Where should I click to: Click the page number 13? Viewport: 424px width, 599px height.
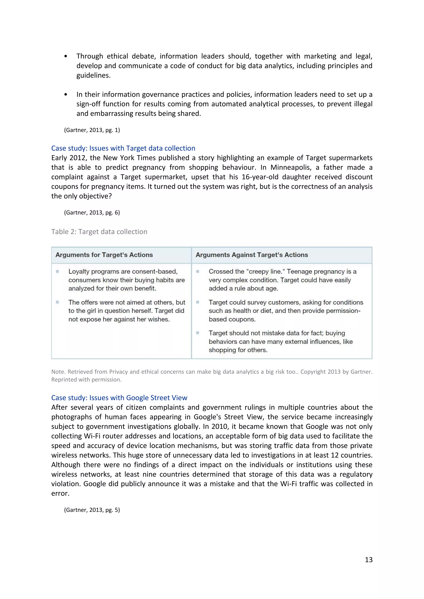tap(368, 560)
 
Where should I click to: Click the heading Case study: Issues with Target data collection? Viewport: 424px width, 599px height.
tap(123, 148)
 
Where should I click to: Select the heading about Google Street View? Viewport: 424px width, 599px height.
tap(119, 398)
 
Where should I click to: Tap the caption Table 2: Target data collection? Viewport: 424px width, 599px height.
tap(99, 232)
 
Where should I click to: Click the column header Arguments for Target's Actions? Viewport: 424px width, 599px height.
tap(104, 255)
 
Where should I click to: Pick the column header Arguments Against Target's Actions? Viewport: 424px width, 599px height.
tap(252, 255)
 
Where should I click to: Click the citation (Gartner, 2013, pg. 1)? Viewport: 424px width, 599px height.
tap(92, 130)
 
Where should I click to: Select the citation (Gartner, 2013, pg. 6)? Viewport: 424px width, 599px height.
tap(92, 212)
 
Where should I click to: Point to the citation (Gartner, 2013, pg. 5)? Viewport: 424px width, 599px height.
tap(92, 510)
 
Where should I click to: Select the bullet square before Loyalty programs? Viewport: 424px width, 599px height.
tap(57, 272)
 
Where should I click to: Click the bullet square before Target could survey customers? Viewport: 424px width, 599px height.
tap(198, 302)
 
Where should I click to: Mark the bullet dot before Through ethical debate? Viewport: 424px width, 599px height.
tap(66, 56)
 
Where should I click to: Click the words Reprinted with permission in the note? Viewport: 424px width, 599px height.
tap(86, 380)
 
